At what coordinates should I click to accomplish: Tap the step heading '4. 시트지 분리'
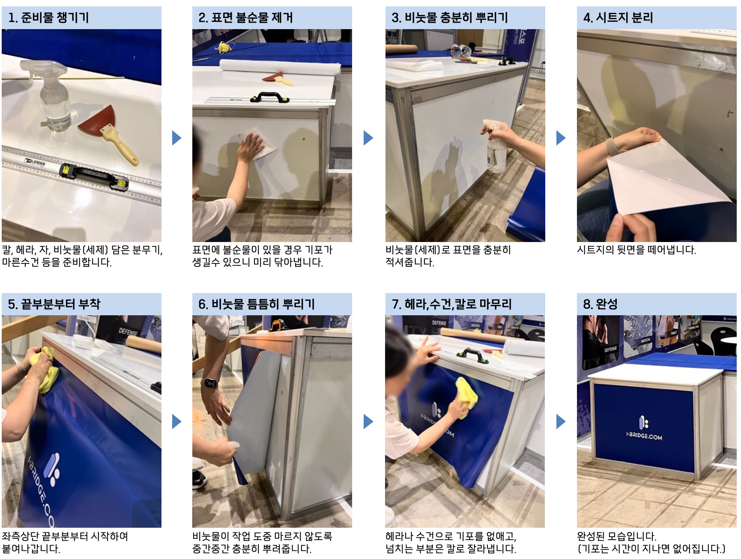618,18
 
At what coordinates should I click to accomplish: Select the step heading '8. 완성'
601,304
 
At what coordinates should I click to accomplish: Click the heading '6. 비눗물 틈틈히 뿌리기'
257,304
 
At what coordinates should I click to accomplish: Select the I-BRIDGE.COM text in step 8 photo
644,436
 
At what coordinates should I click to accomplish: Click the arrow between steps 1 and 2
176,138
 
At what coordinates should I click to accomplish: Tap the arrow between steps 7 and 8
561,421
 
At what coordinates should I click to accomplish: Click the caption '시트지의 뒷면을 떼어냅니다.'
636,250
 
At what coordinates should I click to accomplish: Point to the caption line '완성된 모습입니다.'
616,536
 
